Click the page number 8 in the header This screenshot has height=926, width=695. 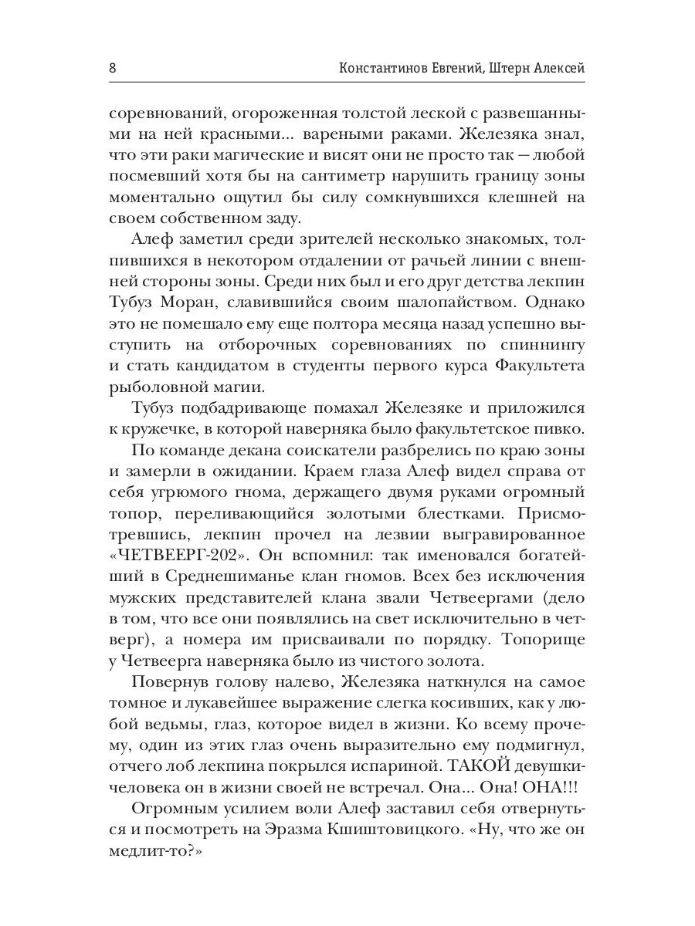113,68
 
